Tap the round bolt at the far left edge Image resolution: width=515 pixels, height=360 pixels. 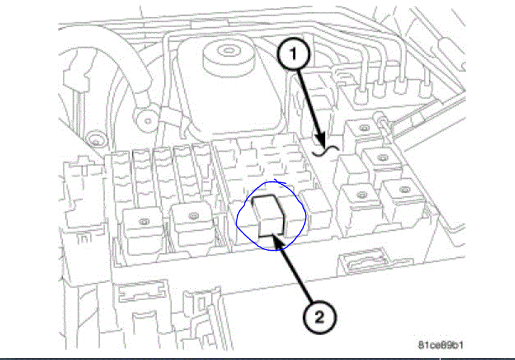pyautogui.click(x=93, y=143)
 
